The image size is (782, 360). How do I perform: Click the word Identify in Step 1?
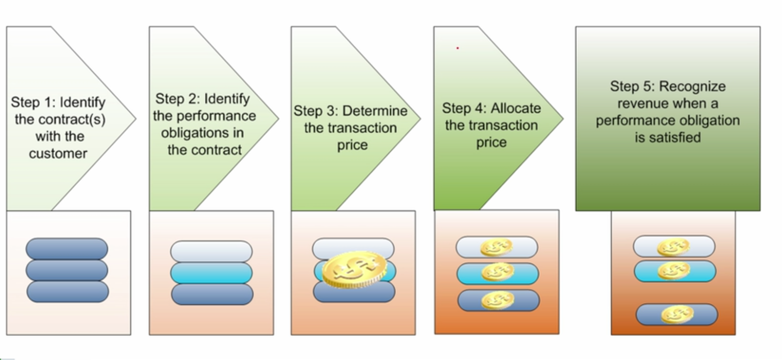click(x=82, y=103)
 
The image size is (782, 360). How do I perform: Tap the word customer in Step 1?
click(x=58, y=153)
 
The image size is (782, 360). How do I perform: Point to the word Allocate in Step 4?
click(x=516, y=108)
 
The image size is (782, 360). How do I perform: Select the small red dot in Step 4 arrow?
click(x=457, y=48)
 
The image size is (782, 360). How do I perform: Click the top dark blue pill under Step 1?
click(x=67, y=249)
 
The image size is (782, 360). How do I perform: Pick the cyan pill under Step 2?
click(x=211, y=273)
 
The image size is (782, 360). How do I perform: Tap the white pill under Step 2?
click(x=211, y=251)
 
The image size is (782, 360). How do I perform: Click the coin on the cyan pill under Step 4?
click(x=498, y=273)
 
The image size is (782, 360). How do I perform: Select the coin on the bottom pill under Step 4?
click(x=498, y=300)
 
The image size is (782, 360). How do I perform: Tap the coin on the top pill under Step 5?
click(x=673, y=247)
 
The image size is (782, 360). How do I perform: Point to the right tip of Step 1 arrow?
click(x=135, y=118)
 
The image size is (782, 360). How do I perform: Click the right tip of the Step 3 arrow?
click(x=419, y=118)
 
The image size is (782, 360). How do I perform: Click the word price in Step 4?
click(x=491, y=143)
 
